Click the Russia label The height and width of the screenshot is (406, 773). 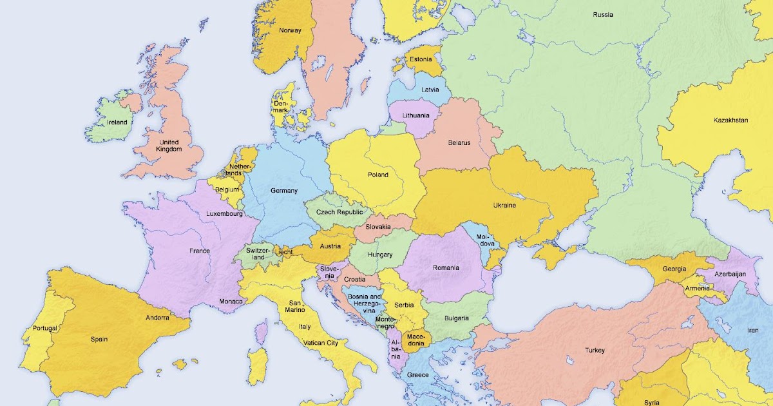[603, 14]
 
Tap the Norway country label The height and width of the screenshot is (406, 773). [290, 30]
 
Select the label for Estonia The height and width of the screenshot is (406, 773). [421, 60]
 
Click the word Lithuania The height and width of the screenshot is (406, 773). [415, 115]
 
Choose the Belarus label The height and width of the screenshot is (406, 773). [459, 142]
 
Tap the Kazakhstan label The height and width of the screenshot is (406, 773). [731, 121]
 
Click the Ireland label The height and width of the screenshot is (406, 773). [117, 122]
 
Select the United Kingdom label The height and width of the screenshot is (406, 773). [169, 146]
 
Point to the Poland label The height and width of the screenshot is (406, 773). [378, 175]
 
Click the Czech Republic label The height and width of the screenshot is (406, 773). [339, 212]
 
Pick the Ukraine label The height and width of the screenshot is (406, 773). [504, 206]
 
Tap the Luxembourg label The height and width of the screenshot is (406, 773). [224, 214]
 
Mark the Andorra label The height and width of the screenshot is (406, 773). [157, 318]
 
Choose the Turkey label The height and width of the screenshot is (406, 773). [595, 351]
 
